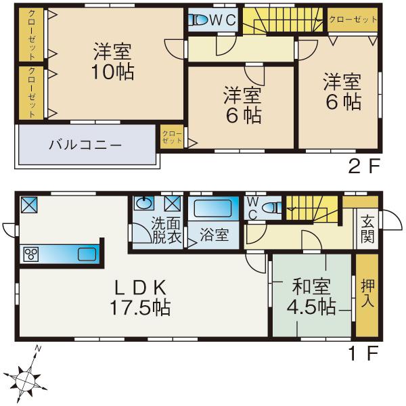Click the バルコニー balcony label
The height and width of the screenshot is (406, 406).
(x=85, y=145)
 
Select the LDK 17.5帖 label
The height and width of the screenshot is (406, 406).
(x=140, y=297)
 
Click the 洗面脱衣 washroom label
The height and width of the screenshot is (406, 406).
(x=166, y=231)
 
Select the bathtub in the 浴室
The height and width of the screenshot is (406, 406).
(x=213, y=207)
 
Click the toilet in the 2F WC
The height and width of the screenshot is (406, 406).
(x=199, y=20)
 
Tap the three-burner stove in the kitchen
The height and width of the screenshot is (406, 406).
(x=32, y=254)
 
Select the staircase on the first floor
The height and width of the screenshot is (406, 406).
(x=311, y=206)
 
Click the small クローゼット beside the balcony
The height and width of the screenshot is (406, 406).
(x=172, y=138)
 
